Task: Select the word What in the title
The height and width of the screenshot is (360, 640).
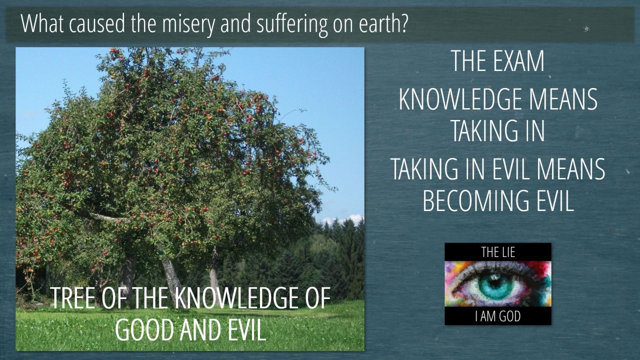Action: [42, 23]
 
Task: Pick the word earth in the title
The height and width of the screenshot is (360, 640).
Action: [379, 23]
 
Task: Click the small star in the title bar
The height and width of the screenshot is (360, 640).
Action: [586, 28]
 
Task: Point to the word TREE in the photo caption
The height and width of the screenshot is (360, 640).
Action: [73, 298]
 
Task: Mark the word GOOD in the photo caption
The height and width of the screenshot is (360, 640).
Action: [144, 329]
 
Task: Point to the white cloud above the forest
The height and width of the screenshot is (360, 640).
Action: [343, 220]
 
